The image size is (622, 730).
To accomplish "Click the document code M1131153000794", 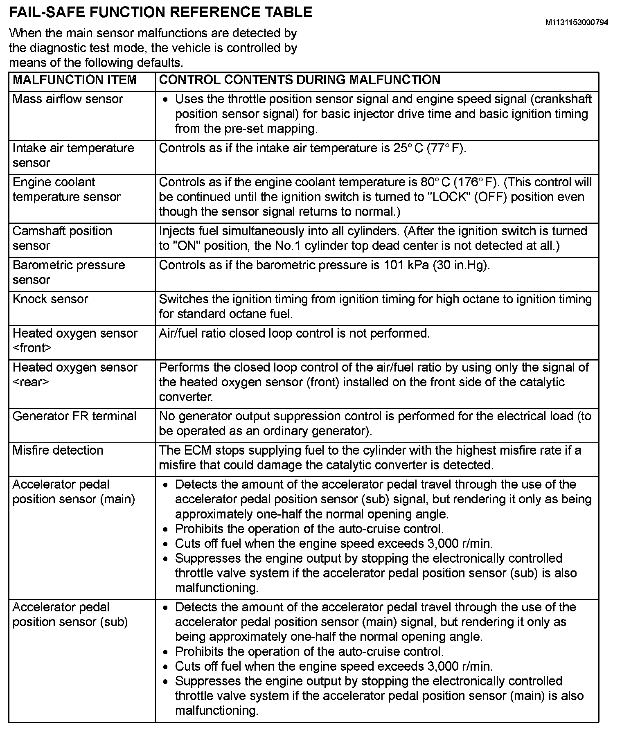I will point(577,23).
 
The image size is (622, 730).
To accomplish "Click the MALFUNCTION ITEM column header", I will point(74,80).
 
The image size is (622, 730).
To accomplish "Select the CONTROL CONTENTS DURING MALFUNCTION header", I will point(300,80).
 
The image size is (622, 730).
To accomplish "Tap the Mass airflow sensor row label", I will point(68,99).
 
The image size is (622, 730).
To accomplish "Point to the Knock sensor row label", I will point(50,299).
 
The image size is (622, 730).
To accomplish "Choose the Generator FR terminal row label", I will point(74,416).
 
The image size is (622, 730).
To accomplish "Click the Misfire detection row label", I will point(58,451).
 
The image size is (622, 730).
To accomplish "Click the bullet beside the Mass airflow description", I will point(165,100).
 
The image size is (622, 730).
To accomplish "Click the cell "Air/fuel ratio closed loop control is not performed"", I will point(294,333).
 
